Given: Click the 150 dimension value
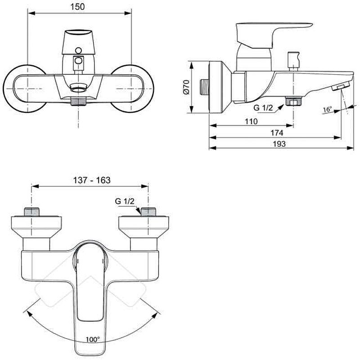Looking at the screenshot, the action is [x=77, y=7].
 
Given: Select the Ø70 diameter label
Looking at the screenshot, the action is [x=186, y=87].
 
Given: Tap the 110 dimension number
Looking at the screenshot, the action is [x=251, y=121].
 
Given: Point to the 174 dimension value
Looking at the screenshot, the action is [x=277, y=133].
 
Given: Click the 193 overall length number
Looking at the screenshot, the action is [x=279, y=144].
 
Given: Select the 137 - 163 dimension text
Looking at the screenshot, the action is [x=92, y=180].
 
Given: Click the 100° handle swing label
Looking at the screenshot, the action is [x=93, y=339].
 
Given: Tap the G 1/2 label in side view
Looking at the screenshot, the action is [x=263, y=108].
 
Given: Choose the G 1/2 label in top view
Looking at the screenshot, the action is [x=125, y=201].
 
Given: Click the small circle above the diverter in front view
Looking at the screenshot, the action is [x=78, y=50].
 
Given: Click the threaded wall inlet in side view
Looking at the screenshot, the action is [x=204, y=87].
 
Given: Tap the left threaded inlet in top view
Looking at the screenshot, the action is [x=31, y=211].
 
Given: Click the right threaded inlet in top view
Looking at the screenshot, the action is [x=148, y=211].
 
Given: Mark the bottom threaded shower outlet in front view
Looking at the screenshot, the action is [x=78, y=101].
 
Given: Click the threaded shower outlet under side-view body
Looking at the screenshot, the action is [x=293, y=101].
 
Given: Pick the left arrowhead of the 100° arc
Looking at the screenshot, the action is [x=29, y=313].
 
